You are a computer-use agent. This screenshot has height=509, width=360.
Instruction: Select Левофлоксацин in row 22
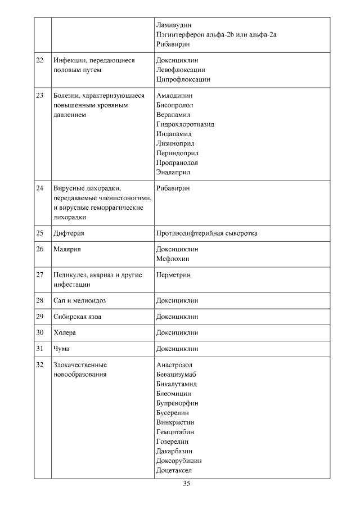click(181, 70)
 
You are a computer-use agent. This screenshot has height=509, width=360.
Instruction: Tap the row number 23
click(39, 95)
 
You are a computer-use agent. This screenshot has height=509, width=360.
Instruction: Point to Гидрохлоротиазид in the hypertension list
click(185, 124)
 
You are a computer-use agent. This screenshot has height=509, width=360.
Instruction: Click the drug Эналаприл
click(173, 172)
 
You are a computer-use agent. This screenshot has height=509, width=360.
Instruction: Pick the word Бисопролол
click(174, 105)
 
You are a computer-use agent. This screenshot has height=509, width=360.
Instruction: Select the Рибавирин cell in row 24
click(173, 188)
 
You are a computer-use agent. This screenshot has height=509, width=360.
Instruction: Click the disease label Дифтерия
click(69, 233)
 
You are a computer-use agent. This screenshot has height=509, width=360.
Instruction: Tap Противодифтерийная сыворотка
click(206, 233)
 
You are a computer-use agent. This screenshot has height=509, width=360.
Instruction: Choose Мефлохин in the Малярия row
click(173, 259)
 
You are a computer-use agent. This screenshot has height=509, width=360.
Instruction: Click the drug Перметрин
click(174, 275)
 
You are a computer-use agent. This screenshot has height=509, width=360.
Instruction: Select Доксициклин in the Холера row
click(177, 332)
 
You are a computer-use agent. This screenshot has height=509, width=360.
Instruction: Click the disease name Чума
click(61, 349)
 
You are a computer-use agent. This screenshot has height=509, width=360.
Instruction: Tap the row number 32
click(39, 365)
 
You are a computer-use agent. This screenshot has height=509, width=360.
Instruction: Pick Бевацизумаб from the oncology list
click(176, 375)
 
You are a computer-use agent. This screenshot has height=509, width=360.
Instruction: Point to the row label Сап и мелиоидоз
click(79, 301)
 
